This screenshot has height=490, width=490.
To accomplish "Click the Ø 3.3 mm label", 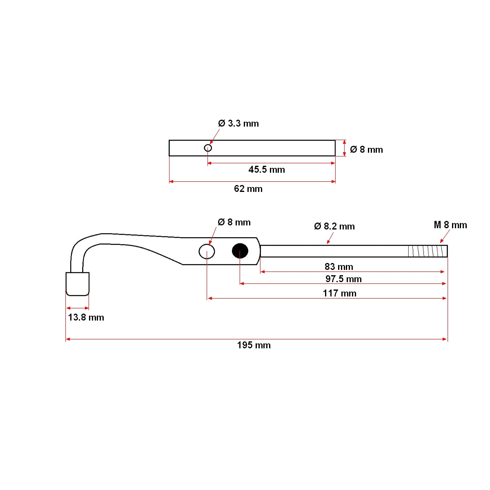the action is (x=238, y=123).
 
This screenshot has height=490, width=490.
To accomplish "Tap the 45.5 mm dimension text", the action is (x=267, y=169).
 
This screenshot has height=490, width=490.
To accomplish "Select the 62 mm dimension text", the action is (x=248, y=189).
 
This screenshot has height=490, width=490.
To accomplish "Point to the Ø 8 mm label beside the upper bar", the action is (x=366, y=149).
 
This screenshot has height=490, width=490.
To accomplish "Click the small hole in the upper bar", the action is (x=208, y=148).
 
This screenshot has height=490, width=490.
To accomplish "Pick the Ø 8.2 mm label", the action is (x=334, y=226).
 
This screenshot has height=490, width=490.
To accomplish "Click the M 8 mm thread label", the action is (x=450, y=225).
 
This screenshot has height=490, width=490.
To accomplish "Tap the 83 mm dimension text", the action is (x=339, y=267).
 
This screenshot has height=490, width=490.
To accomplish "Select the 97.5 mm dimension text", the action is (x=343, y=279).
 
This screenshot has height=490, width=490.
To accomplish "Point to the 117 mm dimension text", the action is (x=339, y=293).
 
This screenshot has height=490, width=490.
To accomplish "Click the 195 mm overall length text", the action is (x=254, y=345).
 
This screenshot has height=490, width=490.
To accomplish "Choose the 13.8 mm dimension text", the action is (x=86, y=317).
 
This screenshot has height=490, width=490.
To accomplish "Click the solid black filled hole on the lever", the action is (x=240, y=251).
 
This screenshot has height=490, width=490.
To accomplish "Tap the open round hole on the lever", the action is (x=207, y=252).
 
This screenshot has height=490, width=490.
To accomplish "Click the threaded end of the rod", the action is (x=428, y=251).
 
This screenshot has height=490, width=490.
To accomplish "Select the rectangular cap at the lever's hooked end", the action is (x=78, y=284).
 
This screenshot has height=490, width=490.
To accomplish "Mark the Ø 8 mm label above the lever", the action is (x=234, y=222).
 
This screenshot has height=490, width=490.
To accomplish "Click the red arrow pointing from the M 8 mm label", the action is (x=445, y=236).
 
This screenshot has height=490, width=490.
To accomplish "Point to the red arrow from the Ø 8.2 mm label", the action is (x=330, y=238).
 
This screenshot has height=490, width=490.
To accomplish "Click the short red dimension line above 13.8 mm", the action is (x=77, y=308).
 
